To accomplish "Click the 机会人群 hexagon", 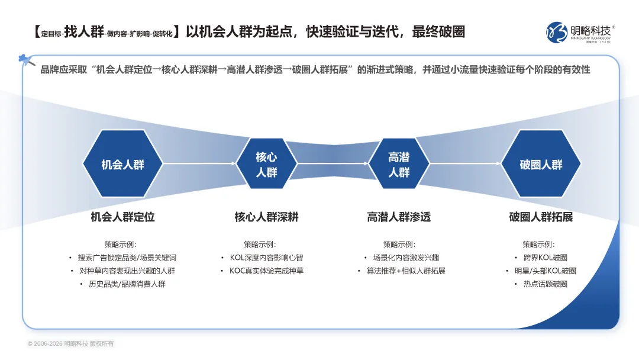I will click(122, 164).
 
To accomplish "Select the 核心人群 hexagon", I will click(266, 164).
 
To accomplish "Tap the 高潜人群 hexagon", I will click(399, 164).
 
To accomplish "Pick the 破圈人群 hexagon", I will click(541, 164).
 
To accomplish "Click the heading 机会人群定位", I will click(122, 217).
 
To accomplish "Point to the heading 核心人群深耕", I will click(266, 217).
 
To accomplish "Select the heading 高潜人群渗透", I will click(399, 217).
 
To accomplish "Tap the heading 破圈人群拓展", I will click(541, 217).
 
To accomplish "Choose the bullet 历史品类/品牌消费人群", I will click(127, 284).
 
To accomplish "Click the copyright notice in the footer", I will click(70, 344).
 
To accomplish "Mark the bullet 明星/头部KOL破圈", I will click(544, 271).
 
